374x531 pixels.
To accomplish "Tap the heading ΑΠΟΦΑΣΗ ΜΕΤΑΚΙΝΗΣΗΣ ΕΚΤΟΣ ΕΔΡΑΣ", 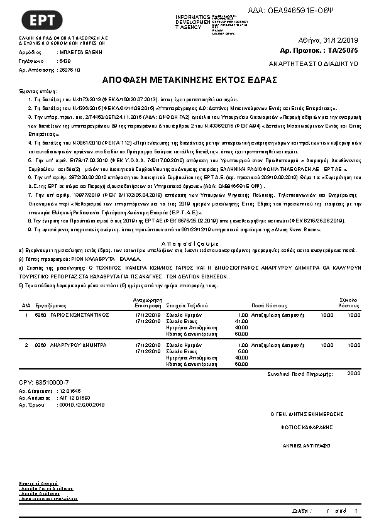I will [x=187, y=80].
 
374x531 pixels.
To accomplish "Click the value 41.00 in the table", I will [x=241, y=320].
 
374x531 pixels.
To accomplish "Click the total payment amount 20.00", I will [x=353, y=373].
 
